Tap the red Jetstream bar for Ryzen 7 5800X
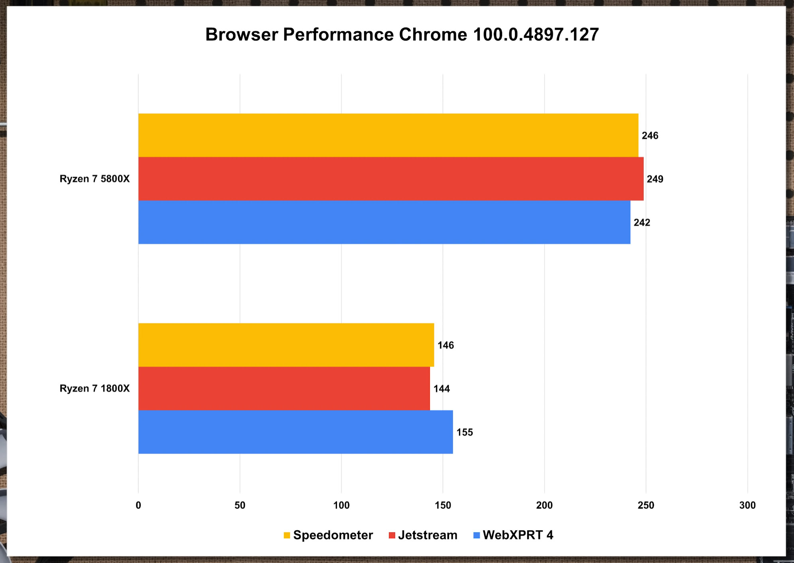391,179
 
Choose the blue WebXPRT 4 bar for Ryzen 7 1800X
296,432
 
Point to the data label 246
650,136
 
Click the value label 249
655,179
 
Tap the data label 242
642,222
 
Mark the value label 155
465,432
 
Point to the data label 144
441,389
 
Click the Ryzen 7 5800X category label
95,179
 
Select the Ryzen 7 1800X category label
95,388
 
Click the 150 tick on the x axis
443,505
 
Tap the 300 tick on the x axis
747,505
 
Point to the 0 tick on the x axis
138,505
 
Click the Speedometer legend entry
333,535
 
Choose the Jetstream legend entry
427,535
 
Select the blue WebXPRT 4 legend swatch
476,536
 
